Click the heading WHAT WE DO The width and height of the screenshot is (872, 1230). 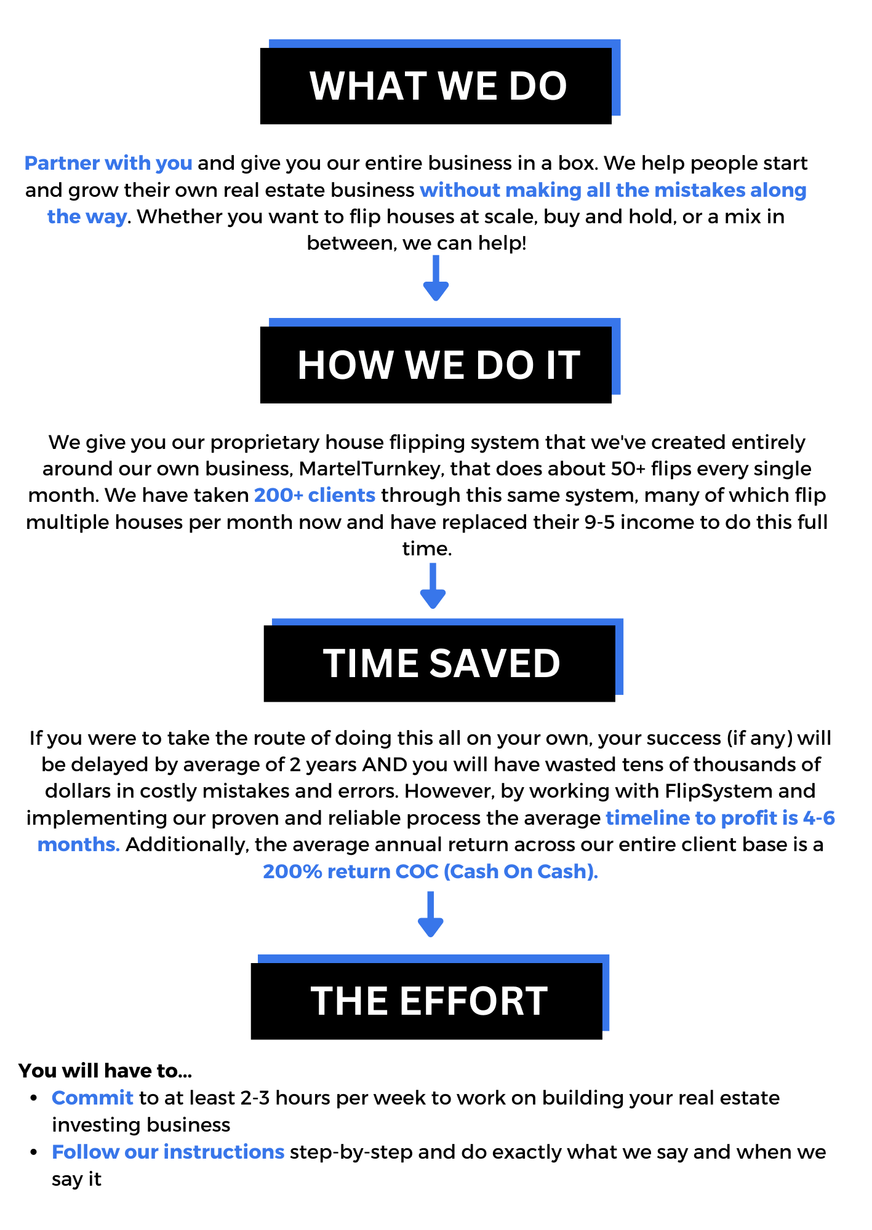[x=438, y=85]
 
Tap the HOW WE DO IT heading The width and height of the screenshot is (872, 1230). [x=438, y=365]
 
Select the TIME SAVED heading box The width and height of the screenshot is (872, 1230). [x=441, y=663]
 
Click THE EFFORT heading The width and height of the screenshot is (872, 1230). [x=429, y=1001]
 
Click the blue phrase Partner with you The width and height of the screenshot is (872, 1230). [x=108, y=163]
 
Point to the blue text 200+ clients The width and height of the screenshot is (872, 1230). [x=314, y=495]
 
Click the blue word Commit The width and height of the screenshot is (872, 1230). [x=92, y=1098]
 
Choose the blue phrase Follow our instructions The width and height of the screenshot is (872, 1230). [x=167, y=1152]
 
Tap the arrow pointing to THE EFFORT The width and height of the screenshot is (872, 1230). [x=430, y=915]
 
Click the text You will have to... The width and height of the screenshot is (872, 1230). [x=105, y=1071]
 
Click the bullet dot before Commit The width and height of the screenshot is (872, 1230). [x=35, y=1098]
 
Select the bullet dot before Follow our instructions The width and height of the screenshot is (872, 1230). [x=35, y=1152]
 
